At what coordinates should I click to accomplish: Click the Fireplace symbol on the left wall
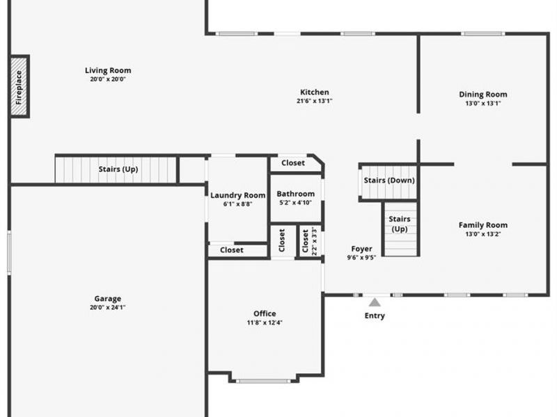pyautogui.click(x=19, y=87)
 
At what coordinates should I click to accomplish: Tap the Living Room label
pyautogui.click(x=108, y=70)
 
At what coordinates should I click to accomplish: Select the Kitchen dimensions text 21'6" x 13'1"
pyautogui.click(x=314, y=101)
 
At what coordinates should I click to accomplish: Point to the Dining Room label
pyautogui.click(x=483, y=95)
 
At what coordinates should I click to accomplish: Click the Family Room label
pyautogui.click(x=483, y=225)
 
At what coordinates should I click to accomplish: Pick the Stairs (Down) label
pyautogui.click(x=389, y=181)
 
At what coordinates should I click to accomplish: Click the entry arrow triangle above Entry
pyautogui.click(x=375, y=302)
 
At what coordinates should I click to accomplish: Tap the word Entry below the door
pyautogui.click(x=375, y=316)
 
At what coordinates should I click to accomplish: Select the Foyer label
pyautogui.click(x=361, y=249)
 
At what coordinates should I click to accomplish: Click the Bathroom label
pyautogui.click(x=296, y=194)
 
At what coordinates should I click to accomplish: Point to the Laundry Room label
pyautogui.click(x=238, y=195)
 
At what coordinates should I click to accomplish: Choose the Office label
pyautogui.click(x=265, y=313)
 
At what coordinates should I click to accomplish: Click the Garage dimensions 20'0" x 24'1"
pyautogui.click(x=108, y=307)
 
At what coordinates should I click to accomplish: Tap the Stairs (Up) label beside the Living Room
pyautogui.click(x=118, y=169)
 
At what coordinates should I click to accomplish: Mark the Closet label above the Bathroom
pyautogui.click(x=293, y=163)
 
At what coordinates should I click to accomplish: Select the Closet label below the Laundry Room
pyautogui.click(x=232, y=250)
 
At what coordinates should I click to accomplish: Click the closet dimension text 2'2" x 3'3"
pyautogui.click(x=315, y=241)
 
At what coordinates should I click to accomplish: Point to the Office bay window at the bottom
pyautogui.click(x=264, y=380)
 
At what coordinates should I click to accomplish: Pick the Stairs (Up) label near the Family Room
pyautogui.click(x=400, y=224)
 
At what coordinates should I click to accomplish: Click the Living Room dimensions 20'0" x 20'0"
pyautogui.click(x=108, y=79)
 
